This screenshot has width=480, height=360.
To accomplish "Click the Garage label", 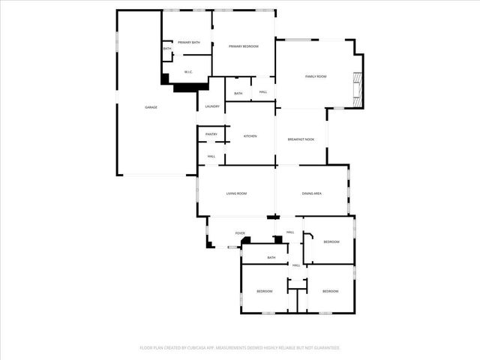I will [x=151, y=107].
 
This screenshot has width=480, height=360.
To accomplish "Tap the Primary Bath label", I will [x=188, y=43].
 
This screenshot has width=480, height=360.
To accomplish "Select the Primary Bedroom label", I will [x=244, y=46].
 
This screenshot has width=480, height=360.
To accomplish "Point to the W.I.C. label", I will [x=188, y=72].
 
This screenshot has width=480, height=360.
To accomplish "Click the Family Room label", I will [x=316, y=76].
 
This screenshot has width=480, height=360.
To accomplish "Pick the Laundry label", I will [x=212, y=106].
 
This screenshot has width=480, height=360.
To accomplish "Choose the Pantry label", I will [x=211, y=134].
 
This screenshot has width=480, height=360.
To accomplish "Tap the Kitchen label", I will [x=250, y=136].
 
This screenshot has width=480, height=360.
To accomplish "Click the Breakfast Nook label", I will [x=301, y=139].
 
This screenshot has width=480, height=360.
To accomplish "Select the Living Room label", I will [x=236, y=193].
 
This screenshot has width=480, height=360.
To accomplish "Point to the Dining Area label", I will [x=312, y=193].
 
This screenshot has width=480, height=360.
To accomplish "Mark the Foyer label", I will [x=240, y=233].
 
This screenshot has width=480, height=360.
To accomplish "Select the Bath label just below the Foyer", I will [x=271, y=257].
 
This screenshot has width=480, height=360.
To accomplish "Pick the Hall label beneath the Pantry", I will [x=211, y=156].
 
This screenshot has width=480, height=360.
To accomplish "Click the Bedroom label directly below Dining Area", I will [x=331, y=241].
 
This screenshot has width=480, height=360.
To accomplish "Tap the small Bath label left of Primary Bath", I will [x=167, y=49].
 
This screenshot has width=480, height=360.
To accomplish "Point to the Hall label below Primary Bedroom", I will [x=263, y=92].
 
